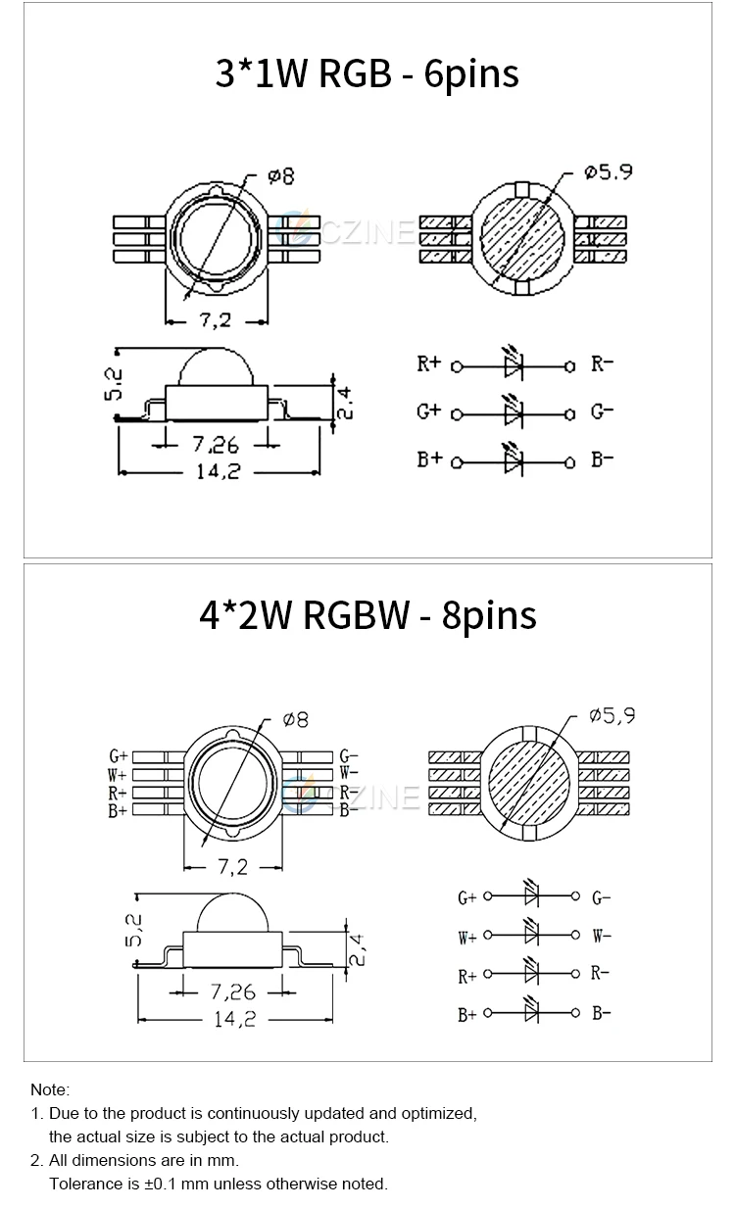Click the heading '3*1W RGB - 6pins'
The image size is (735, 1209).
tap(367, 73)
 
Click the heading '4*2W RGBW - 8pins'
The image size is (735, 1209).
tap(367, 614)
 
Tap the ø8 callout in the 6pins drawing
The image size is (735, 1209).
tap(280, 176)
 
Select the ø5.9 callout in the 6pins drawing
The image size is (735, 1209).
tap(608, 171)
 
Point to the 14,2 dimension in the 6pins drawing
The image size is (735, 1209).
tap(218, 470)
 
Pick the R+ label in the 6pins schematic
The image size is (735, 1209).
tap(429, 364)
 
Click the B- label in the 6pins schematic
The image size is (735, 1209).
tap(602, 459)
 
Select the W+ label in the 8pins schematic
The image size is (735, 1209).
tap(466, 938)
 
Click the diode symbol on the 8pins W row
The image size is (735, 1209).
tap(532, 935)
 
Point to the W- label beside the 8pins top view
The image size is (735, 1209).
tap(349, 773)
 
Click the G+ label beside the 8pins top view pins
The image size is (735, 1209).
tap(118, 755)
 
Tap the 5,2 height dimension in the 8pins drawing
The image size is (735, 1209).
tap(136, 930)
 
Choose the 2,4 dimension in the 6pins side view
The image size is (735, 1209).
tap(344, 402)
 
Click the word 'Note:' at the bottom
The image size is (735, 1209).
tap(50, 1089)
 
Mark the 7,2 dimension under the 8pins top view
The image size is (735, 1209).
tap(231, 866)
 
